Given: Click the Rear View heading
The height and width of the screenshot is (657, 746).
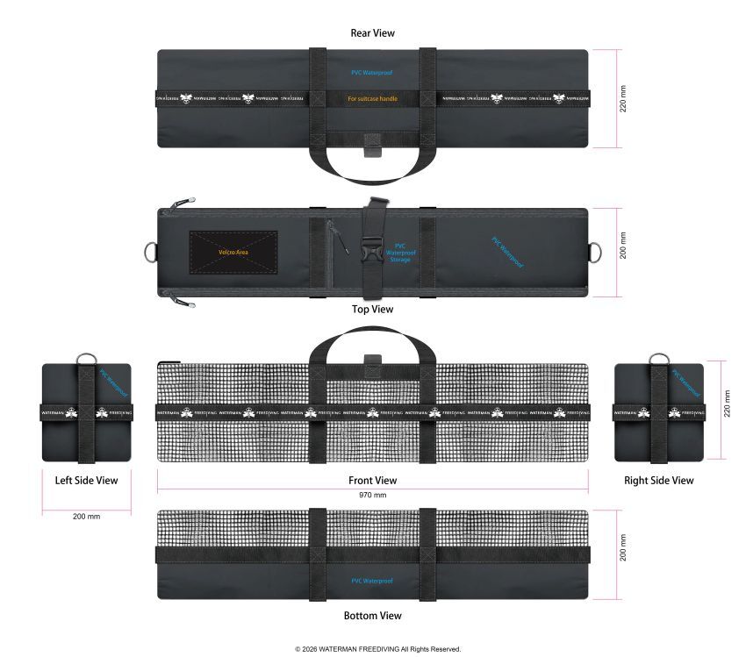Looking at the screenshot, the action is tap(372, 33).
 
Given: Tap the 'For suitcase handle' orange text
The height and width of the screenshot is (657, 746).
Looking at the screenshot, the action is tap(372, 99).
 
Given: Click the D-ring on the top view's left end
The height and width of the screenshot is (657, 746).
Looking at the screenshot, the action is tap(148, 251).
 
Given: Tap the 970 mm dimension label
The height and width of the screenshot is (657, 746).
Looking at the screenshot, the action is tap(373, 495).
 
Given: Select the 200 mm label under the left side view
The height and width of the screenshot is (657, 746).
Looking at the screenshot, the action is tap(86, 517).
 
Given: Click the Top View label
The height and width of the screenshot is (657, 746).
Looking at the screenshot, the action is tap(372, 309).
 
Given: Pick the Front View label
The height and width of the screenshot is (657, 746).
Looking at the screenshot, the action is tap(372, 481).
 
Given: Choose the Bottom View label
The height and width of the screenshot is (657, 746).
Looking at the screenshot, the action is tap(372, 616).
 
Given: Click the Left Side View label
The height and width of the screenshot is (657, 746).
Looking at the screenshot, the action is tap(86, 481).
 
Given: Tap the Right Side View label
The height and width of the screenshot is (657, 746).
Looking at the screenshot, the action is tap(658, 481).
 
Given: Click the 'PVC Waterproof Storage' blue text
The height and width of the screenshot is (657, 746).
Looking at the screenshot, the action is tap(400, 253).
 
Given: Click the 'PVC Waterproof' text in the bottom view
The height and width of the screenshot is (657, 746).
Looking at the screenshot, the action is tap(372, 582).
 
